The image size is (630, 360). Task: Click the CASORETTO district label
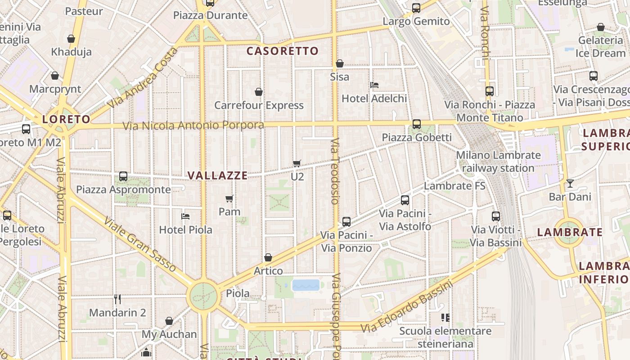[282, 51]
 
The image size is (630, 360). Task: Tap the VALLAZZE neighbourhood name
[217, 175]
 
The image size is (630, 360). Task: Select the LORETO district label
[66, 119]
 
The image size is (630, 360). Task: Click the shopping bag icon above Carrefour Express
[259, 92]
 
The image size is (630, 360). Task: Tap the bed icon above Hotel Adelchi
[374, 85]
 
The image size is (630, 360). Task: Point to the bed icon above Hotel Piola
[185, 216]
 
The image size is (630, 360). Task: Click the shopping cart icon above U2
[297, 163]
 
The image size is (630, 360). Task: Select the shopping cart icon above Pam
[229, 198]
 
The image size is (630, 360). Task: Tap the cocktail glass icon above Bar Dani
[570, 183]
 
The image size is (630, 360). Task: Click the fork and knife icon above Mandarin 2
[117, 299]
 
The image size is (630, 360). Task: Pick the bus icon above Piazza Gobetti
[417, 124]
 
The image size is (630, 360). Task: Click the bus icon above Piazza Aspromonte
[123, 176]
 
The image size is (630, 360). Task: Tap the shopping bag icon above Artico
[268, 257]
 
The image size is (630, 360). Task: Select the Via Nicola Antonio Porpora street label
[193, 125]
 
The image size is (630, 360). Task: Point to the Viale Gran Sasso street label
[140, 245]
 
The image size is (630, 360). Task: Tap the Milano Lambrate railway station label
[498, 162]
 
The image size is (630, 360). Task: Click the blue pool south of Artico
[306, 285]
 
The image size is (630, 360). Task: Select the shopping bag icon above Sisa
[340, 63]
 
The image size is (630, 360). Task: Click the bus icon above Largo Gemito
[416, 8]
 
